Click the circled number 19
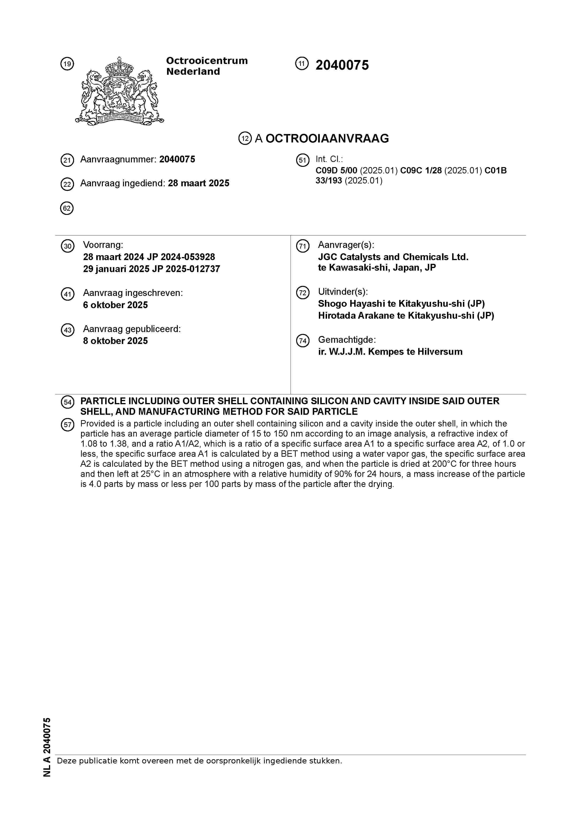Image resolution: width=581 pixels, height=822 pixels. click(x=67, y=64)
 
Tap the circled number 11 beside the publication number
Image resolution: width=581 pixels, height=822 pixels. click(x=302, y=64)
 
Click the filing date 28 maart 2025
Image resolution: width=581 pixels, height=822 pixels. click(x=198, y=183)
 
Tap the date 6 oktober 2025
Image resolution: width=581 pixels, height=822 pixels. click(x=115, y=305)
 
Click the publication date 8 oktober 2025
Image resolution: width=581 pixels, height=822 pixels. click(x=115, y=341)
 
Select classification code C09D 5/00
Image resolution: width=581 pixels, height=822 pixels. click(x=336, y=171)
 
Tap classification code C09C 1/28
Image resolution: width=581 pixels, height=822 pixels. click(x=421, y=171)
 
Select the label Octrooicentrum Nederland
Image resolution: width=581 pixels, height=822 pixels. click(x=207, y=66)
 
